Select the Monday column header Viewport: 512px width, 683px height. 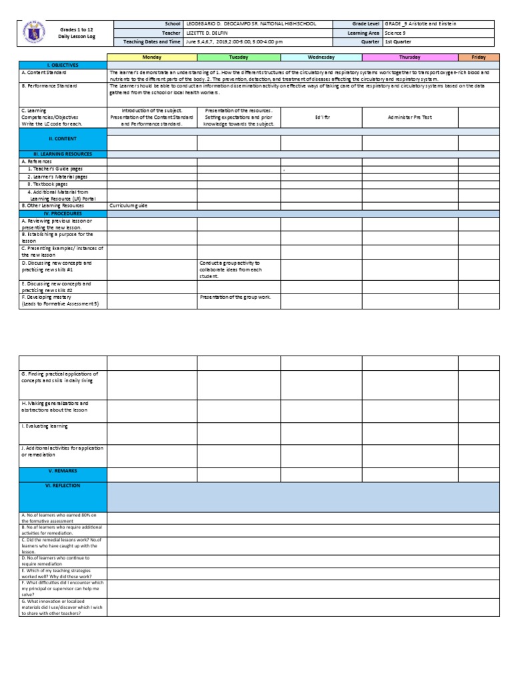[x=152, y=58]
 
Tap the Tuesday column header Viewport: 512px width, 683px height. [x=239, y=58]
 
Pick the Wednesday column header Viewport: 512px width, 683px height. [x=321, y=58]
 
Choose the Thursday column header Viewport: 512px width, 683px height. [x=409, y=58]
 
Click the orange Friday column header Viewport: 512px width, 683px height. [x=478, y=58]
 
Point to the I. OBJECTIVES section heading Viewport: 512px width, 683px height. [x=63, y=65]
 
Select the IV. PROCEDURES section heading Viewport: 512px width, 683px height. [x=63, y=213]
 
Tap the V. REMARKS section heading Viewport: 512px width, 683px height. [x=63, y=470]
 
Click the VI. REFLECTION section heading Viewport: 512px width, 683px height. [x=63, y=486]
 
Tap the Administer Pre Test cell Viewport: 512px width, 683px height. [x=409, y=117]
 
